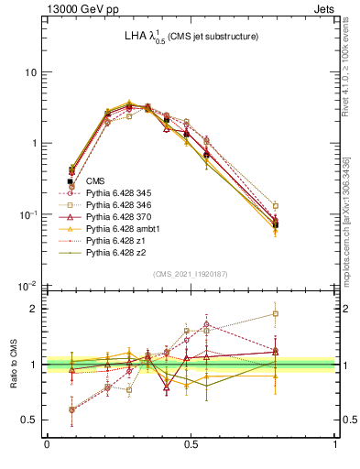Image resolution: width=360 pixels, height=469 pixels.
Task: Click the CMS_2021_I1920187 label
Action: tap(191, 274)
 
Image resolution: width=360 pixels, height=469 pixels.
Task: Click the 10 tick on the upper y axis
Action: tap(32, 72)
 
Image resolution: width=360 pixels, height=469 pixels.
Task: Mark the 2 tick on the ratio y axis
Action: tap(35, 309)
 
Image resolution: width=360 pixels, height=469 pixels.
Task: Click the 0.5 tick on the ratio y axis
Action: tap(31, 420)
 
